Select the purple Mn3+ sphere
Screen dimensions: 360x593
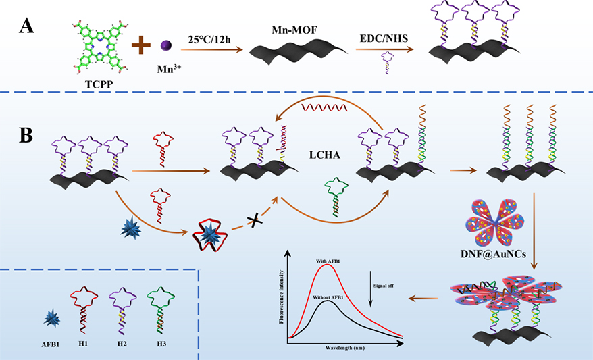coord(165,46)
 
